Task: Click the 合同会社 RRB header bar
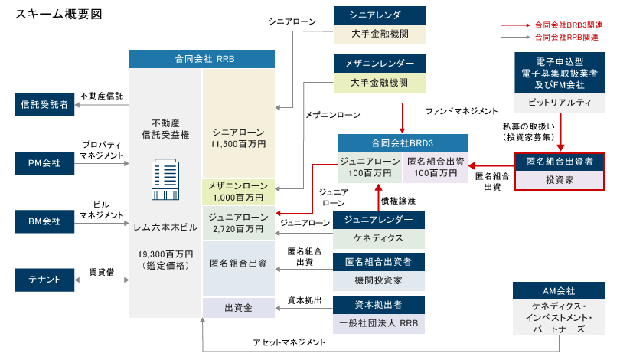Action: pyautogui.click(x=202, y=59)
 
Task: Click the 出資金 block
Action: pyautogui.click(x=238, y=307)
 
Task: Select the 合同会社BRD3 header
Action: pyautogui.click(x=403, y=143)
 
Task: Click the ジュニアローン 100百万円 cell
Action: pyautogui.click(x=370, y=168)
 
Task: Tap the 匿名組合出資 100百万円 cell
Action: pyautogui.click(x=435, y=168)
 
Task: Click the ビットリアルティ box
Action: pyautogui.click(x=559, y=102)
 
